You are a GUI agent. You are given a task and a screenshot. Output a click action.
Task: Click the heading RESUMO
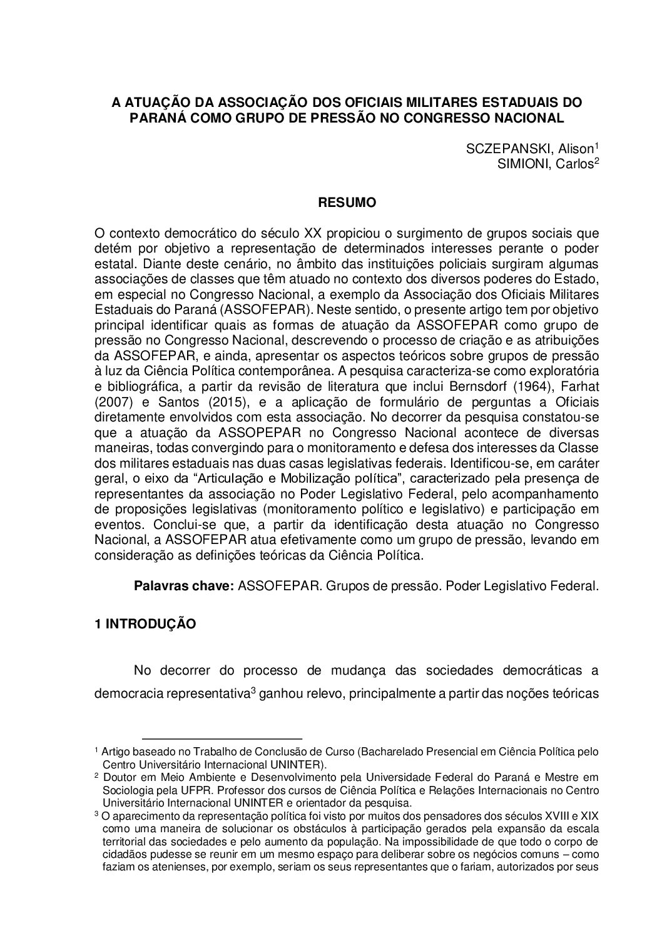[347, 203]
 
